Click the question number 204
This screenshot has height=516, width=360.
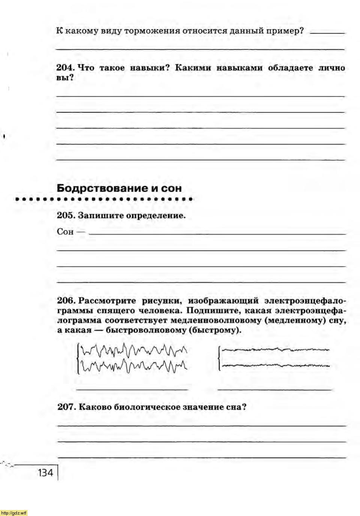tap(66, 68)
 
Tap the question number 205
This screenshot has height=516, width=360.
tap(66, 216)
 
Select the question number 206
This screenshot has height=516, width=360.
tap(66, 301)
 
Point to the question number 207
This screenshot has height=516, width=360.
tap(66, 407)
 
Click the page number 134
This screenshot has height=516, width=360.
tap(45, 473)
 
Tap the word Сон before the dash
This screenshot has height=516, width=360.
tap(65, 232)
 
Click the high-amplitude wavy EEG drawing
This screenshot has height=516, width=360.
tap(132, 358)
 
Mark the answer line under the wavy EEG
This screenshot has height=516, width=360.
tap(132, 389)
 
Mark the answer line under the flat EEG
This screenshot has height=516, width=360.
tap(275, 389)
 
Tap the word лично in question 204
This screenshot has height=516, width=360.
tap(332, 68)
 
